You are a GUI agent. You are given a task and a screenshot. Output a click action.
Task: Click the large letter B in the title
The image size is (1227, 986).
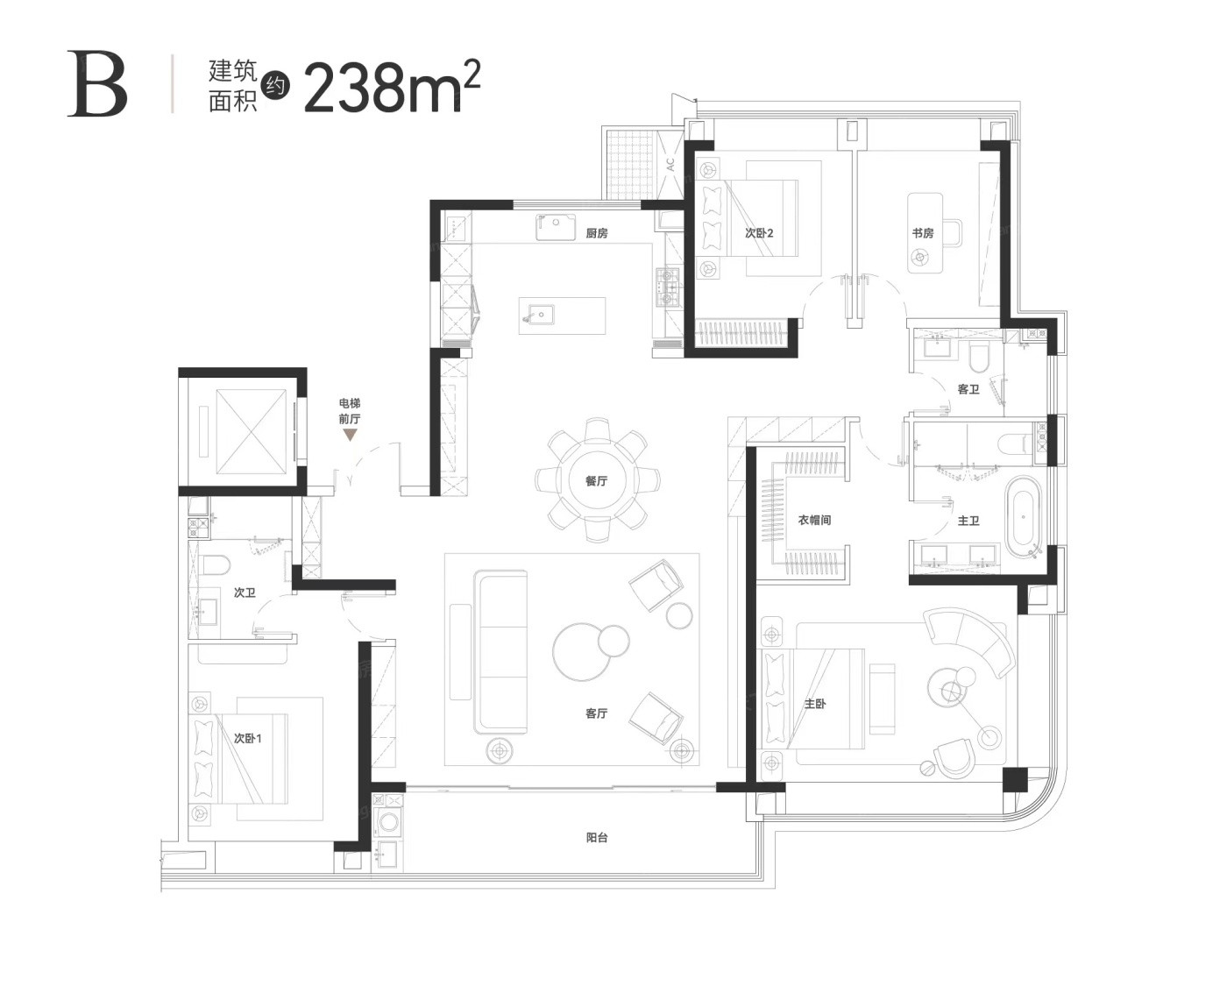(97, 84)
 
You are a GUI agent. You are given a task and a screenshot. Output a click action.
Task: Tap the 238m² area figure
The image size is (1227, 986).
(393, 86)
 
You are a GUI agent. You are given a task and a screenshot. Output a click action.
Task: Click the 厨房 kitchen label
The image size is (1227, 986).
(596, 233)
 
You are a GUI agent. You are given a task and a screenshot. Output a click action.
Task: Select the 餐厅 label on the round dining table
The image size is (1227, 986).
(596, 481)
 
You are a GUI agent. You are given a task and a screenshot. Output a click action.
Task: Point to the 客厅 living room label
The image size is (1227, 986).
(596, 713)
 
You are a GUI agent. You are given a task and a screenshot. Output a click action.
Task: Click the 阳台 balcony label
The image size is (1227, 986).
(596, 838)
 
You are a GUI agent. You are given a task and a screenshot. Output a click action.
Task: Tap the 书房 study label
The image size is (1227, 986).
(923, 233)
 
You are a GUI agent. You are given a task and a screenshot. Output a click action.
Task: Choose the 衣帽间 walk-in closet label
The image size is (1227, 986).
(814, 520)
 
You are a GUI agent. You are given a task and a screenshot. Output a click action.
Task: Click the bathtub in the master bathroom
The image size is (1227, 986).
(1024, 518)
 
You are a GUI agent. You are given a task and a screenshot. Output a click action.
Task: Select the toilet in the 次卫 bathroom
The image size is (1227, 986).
(216, 565)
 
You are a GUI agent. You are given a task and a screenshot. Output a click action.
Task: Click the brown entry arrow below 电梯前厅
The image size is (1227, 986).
(350, 436)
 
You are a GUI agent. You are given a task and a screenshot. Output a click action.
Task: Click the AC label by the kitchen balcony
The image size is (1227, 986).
(670, 165)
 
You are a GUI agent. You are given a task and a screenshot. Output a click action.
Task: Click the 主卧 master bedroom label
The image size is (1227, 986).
(815, 705)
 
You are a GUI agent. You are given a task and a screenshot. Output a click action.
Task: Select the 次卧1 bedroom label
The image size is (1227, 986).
(247, 739)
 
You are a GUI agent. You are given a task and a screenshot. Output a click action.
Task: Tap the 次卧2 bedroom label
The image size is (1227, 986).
(759, 233)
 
